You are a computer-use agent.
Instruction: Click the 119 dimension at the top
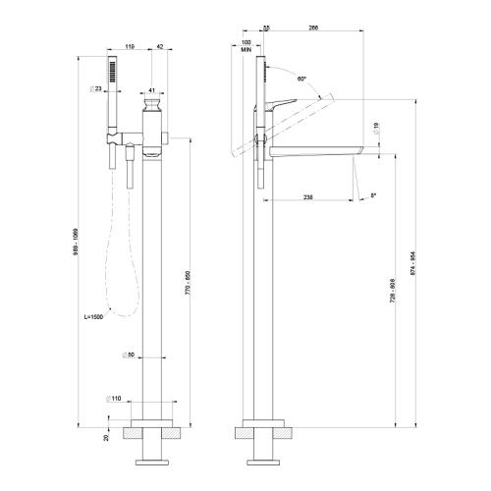point(130,45)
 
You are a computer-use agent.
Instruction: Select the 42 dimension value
point(160,45)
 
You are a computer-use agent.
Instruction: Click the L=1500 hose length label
point(97,318)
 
